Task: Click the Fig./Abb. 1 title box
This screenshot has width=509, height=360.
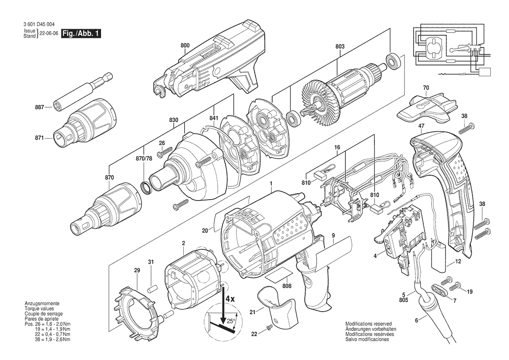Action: (81, 33)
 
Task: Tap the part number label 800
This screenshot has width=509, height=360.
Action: (185, 46)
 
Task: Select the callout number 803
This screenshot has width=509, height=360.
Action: (340, 47)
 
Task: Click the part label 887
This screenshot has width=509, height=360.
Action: (39, 107)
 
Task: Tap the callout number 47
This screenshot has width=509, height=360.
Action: (421, 126)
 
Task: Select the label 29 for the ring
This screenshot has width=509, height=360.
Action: (137, 270)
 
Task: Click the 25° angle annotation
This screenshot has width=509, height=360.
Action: (230, 321)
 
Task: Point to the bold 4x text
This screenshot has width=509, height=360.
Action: (230, 299)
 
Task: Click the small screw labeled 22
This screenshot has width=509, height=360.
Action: (269, 329)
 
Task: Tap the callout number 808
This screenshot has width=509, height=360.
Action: (287, 286)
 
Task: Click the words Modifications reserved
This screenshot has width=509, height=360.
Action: (368, 324)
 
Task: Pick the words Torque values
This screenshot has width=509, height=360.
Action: (39, 309)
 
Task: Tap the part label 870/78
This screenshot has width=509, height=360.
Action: (144, 158)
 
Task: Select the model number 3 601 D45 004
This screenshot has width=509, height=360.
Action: (39, 24)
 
